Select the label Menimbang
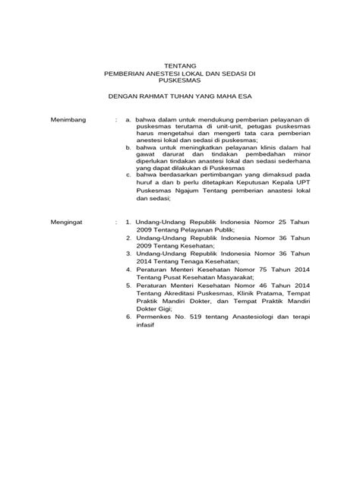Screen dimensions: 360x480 68,120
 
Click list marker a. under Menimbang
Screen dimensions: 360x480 128,120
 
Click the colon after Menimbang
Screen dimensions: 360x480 115,120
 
